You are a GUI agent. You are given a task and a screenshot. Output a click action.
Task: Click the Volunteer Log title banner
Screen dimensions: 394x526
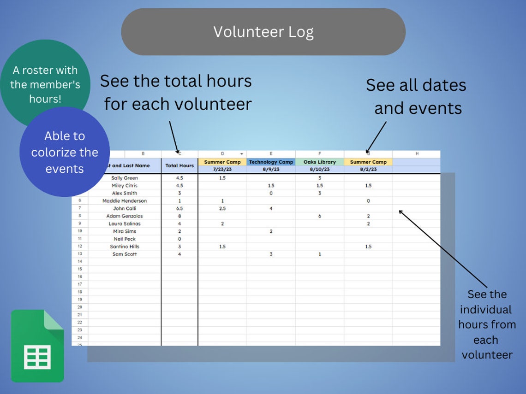point(263,32)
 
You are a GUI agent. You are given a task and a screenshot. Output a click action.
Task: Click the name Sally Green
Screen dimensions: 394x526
point(125,178)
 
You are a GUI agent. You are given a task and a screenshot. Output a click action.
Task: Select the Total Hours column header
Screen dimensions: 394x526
point(179,166)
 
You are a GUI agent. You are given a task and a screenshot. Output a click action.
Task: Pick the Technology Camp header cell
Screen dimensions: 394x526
point(271,162)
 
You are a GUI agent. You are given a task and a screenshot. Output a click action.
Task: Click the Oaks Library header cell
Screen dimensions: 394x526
point(320,162)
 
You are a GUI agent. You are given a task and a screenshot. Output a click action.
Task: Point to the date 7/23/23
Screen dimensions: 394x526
point(222,170)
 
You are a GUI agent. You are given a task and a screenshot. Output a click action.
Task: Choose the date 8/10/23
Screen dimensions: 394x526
point(320,170)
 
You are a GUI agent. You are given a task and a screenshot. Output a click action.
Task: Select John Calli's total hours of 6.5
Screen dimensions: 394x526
point(179,208)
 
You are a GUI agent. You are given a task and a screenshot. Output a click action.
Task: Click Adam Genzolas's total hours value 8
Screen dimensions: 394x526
point(179,216)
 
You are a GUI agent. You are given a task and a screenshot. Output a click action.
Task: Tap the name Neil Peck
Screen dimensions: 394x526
point(125,239)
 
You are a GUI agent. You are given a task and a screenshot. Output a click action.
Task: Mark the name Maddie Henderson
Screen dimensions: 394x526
point(125,201)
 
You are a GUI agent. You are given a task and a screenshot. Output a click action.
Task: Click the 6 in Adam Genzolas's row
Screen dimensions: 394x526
point(320,216)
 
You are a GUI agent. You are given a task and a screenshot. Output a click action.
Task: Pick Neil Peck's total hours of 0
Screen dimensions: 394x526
point(179,239)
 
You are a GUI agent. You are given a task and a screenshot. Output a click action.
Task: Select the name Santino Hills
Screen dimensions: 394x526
point(125,247)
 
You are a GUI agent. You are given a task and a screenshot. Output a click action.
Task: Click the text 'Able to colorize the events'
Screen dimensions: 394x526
point(65,152)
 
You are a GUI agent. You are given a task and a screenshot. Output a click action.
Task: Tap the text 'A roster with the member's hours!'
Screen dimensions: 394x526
point(45,84)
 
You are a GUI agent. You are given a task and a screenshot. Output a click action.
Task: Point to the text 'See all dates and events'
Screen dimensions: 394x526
point(417,96)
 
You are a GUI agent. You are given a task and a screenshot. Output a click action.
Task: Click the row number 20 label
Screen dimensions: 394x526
point(80,307)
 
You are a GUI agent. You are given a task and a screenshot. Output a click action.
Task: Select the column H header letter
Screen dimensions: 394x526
point(417,154)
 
